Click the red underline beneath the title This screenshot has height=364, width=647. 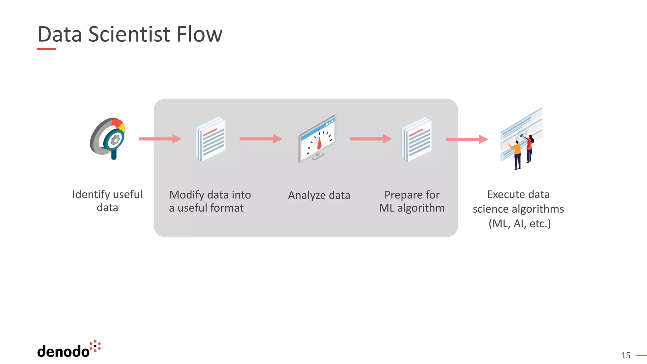coord(46,49)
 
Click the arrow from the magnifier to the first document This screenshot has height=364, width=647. coord(160,139)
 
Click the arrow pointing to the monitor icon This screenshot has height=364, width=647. coord(261,139)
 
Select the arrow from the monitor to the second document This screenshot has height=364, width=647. coord(370,139)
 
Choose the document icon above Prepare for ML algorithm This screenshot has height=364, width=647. coord(417,139)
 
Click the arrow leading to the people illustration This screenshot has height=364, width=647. coord(467,139)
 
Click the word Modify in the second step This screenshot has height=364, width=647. coord(186,195)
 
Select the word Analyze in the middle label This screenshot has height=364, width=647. coord(307,196)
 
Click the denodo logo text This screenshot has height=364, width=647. coord(63,351)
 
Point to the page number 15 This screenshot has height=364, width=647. coord(626,355)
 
